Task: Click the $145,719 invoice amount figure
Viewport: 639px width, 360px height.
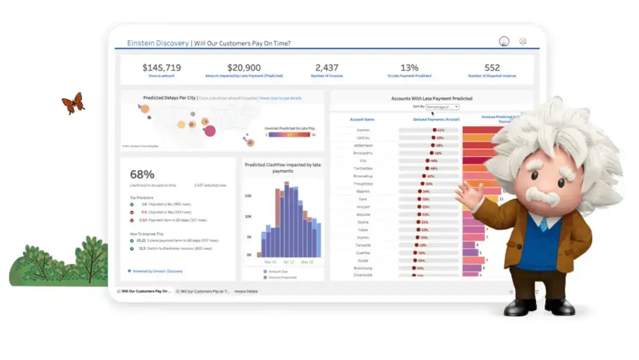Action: pyautogui.click(x=162, y=68)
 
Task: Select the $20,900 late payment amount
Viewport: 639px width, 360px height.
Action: pyautogui.click(x=244, y=68)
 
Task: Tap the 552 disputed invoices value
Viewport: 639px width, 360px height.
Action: pyautogui.click(x=492, y=68)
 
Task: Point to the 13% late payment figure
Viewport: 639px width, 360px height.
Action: pyautogui.click(x=409, y=68)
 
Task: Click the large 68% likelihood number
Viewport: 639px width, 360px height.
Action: pyautogui.click(x=142, y=174)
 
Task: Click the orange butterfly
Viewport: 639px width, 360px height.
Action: pyautogui.click(x=74, y=103)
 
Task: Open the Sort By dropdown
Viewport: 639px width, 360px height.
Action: pyautogui.click(x=442, y=107)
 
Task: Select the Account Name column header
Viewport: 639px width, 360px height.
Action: pyautogui.click(x=362, y=119)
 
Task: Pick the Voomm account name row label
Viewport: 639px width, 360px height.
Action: pyautogui.click(x=362, y=130)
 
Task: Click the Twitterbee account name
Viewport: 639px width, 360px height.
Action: pyautogui.click(x=362, y=168)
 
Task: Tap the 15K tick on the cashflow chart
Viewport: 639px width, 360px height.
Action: pyautogui.click(x=248, y=196)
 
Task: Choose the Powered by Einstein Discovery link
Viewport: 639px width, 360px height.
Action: pyautogui.click(x=157, y=271)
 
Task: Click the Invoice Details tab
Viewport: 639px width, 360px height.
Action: pyautogui.click(x=246, y=291)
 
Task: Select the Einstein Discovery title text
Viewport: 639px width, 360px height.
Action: pyautogui.click(x=158, y=43)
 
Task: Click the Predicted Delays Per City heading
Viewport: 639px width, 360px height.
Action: pyautogui.click(x=169, y=98)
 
